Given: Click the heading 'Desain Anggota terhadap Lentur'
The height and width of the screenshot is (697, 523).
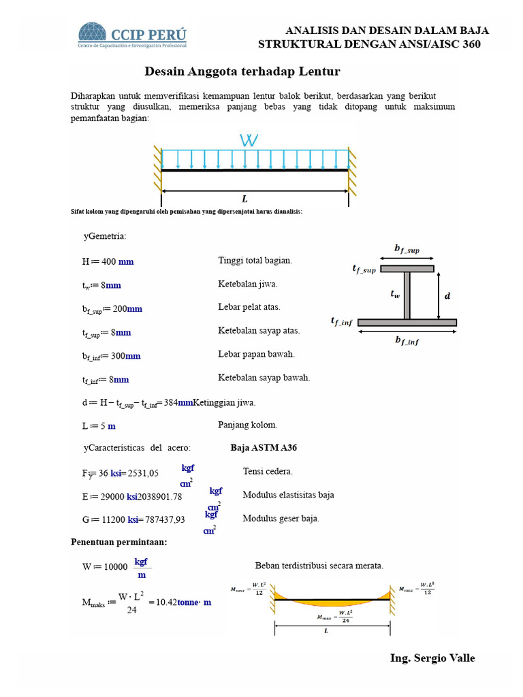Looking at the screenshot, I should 242,71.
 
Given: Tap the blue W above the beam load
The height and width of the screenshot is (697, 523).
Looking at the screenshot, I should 249,141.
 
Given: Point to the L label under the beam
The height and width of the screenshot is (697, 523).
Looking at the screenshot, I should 245,199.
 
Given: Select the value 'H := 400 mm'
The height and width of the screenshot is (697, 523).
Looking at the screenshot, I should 108,261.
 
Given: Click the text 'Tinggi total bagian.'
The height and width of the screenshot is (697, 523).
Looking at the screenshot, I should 255,261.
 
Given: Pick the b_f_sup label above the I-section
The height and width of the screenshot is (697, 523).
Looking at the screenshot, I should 407,249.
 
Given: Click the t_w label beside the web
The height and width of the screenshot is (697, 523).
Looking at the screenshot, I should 395,294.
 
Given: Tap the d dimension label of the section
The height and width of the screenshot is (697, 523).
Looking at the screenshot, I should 447,296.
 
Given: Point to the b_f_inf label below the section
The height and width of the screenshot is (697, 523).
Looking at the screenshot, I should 407,341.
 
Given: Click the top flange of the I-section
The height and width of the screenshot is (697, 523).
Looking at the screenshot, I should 407,269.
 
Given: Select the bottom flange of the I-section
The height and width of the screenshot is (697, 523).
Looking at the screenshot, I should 407,322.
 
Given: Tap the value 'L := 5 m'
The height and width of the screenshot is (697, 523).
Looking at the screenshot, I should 99,425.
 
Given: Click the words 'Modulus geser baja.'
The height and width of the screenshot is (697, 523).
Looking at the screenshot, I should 281,518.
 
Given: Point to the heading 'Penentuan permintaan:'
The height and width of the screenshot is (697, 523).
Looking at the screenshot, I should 118,542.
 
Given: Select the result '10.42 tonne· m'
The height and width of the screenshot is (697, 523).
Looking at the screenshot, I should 184,602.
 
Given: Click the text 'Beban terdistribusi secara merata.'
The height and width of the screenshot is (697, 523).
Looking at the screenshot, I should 319,566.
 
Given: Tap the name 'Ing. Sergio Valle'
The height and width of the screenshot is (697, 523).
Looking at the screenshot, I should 432,658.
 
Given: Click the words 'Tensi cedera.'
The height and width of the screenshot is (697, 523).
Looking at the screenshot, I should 268,471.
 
